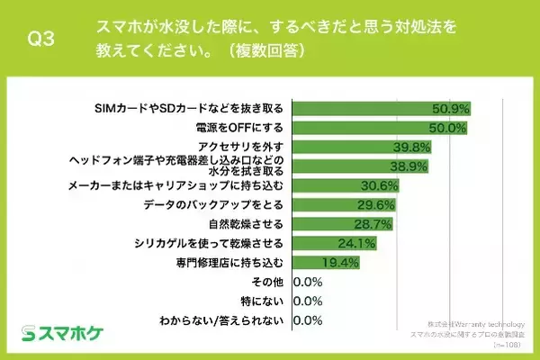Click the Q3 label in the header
coord(41,38)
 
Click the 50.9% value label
coord(450,109)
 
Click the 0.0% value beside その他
coord(308,282)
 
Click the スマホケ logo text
coord(74,333)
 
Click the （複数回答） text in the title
coord(261,51)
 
